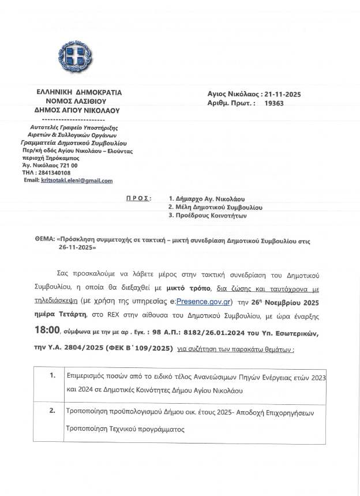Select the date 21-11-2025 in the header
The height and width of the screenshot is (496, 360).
point(281,94)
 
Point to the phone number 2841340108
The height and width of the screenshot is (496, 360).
point(54,172)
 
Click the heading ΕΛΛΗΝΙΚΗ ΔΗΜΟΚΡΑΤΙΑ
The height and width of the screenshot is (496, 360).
point(79,92)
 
